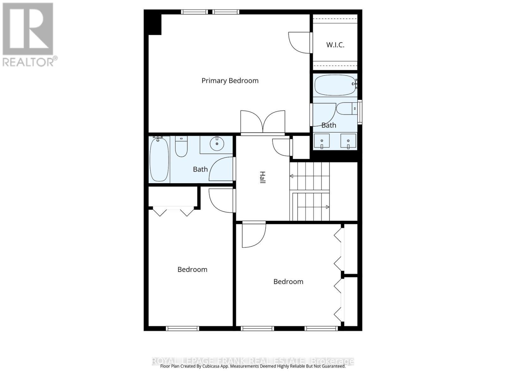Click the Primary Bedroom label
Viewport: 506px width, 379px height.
(x=230, y=81)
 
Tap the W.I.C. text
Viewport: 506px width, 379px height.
(x=335, y=45)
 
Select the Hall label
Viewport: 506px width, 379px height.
(x=262, y=177)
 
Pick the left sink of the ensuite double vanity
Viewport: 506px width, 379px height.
(x=322, y=141)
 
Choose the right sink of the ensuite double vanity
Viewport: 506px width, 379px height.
(x=348, y=141)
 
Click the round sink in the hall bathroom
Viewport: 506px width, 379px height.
(x=217, y=144)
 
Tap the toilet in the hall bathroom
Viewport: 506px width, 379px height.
(x=181, y=147)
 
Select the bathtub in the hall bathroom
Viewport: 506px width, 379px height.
(x=159, y=159)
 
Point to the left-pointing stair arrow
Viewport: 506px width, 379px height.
(x=292, y=176)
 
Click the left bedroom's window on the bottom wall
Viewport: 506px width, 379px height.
(x=182, y=328)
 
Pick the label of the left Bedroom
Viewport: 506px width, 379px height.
(x=192, y=270)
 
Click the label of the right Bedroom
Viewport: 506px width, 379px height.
(x=288, y=282)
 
